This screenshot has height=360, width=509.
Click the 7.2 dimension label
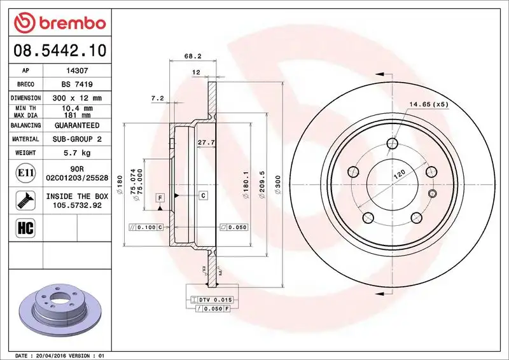pos(157,98)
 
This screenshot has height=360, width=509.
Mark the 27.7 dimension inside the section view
pos(204,142)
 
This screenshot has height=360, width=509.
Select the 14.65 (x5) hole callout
pos(429,104)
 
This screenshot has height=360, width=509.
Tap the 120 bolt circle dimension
pos(399,176)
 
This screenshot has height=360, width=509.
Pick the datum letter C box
pos(203,195)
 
